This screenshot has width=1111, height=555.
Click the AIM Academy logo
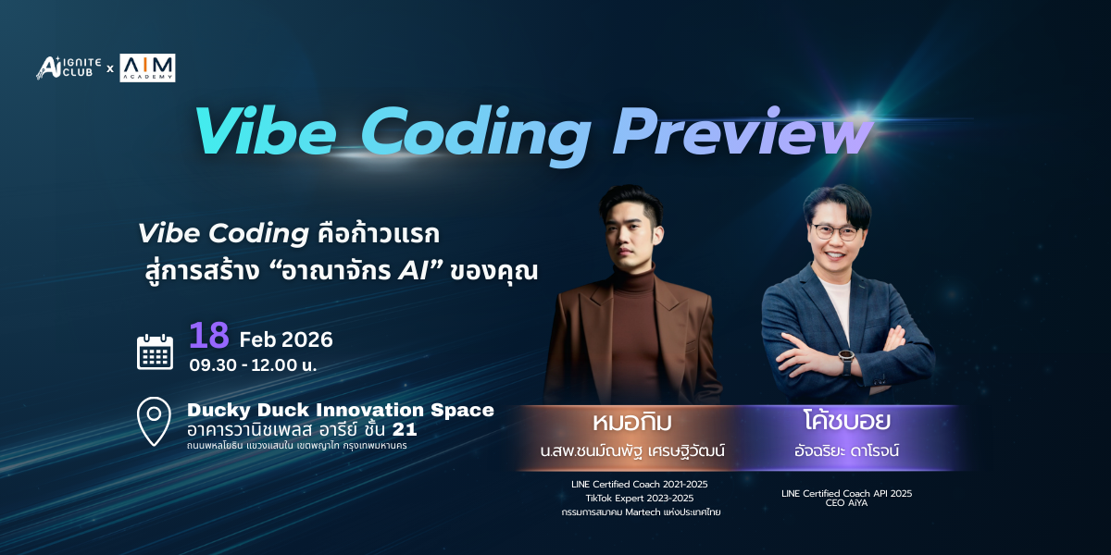pos(147,68)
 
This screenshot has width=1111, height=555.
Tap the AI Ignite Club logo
pos(69,68)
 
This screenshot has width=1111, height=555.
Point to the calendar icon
pos(156,351)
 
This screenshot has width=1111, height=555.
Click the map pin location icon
pos(154,421)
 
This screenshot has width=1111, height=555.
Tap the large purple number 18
pos(209,336)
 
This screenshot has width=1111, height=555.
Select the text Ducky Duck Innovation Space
pos(341,411)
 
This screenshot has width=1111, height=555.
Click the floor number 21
pos(405,429)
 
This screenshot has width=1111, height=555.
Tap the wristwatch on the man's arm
pos(845,359)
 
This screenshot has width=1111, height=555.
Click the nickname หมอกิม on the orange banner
pos(632,422)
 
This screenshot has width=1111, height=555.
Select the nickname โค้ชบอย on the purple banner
pos(846,421)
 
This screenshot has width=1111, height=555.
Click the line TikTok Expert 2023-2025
pos(640,498)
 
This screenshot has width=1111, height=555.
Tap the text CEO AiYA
pos(846,503)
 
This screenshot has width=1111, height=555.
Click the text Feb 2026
pos(286,340)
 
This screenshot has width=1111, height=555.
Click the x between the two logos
pos(110,68)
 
